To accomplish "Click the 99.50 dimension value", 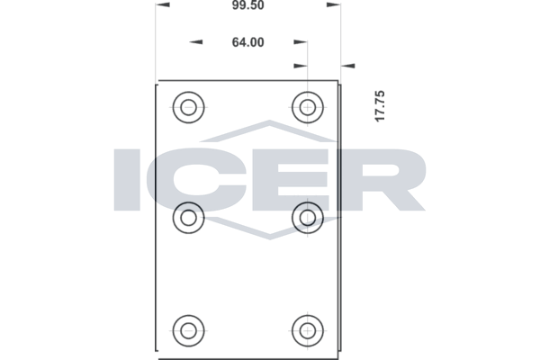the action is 248,5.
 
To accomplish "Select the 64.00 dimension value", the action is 248,42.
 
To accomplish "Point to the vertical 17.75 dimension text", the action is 380,106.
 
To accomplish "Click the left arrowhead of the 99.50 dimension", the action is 162,4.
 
